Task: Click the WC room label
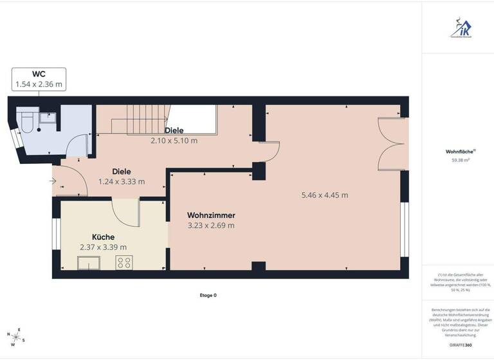point(39,74)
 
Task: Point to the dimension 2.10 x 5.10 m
point(174,141)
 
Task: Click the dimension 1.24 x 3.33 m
point(122,181)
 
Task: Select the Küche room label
point(103,236)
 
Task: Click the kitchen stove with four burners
point(124,262)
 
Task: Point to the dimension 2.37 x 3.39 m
point(103,247)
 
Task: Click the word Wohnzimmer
point(211,215)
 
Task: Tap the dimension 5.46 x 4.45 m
point(325,195)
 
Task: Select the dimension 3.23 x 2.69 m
point(211,226)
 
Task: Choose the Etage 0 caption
point(208,295)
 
